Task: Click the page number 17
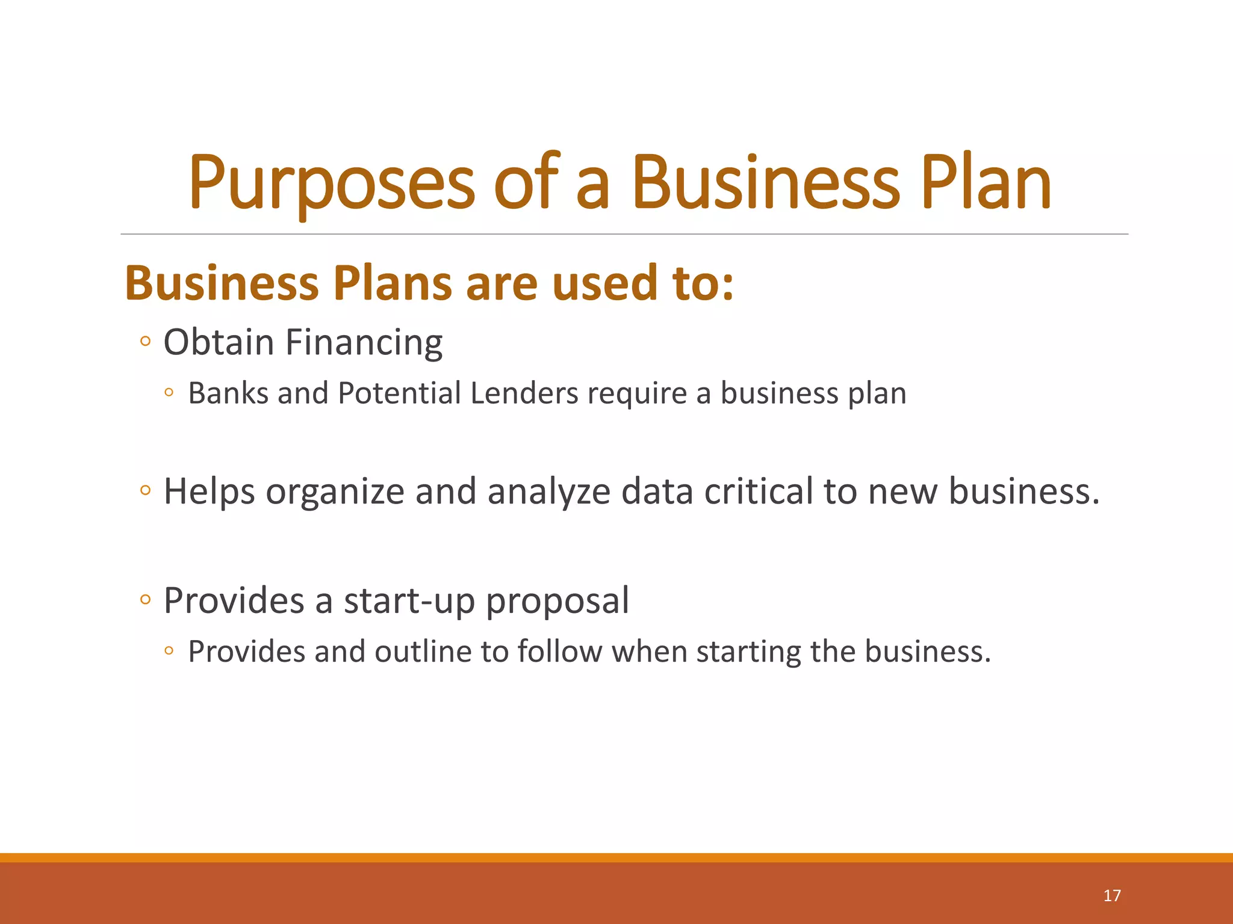[x=1112, y=896]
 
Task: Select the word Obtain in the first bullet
[x=219, y=342]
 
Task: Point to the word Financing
[x=364, y=343]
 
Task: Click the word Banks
[x=228, y=393]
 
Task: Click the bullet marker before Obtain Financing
[x=144, y=342]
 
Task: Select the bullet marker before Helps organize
[x=144, y=490]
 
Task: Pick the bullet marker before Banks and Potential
[x=169, y=393]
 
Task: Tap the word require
[x=637, y=395]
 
